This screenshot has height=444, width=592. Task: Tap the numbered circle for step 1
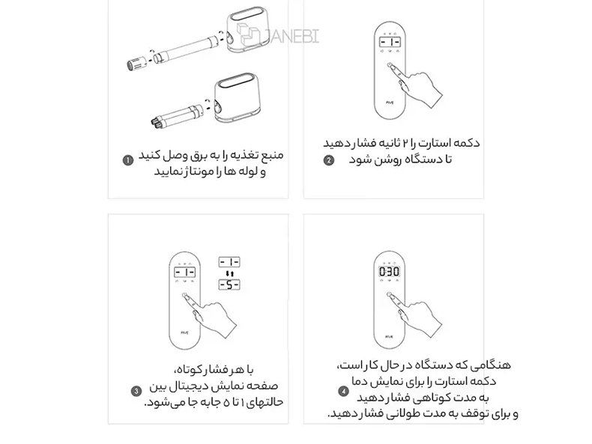(x=128, y=159)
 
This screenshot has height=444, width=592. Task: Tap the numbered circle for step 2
(x=327, y=159)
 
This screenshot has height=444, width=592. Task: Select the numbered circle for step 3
(x=136, y=390)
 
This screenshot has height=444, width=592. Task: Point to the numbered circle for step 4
(x=344, y=390)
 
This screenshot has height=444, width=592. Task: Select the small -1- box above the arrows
(x=229, y=261)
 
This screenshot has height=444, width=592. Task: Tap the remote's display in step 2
(x=391, y=42)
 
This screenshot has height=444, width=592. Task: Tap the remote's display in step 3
(x=185, y=273)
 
